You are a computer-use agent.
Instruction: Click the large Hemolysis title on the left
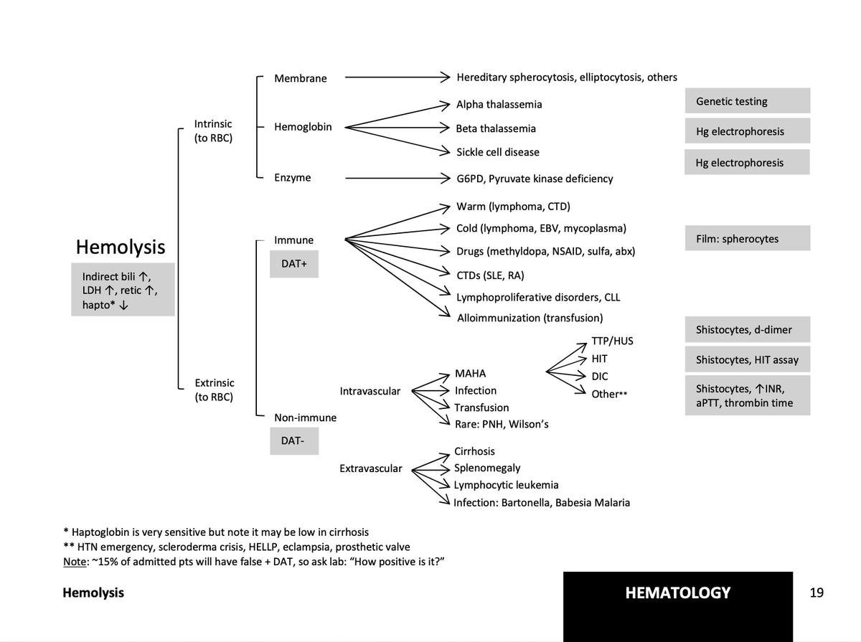pyautogui.click(x=120, y=247)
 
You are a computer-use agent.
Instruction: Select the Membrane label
pyautogui.click(x=300, y=78)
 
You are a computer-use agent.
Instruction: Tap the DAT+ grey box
pyautogui.click(x=294, y=264)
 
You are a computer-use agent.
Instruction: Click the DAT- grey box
pyautogui.click(x=294, y=441)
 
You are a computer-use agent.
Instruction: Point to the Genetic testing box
pyautogui.click(x=747, y=101)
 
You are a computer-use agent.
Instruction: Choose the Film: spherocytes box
pyautogui.click(x=747, y=238)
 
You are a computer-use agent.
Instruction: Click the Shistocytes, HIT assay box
pyautogui.click(x=747, y=359)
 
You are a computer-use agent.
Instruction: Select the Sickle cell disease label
pyautogui.click(x=497, y=152)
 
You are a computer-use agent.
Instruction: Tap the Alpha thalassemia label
pyautogui.click(x=499, y=105)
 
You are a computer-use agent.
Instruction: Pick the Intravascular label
pyautogui.click(x=370, y=392)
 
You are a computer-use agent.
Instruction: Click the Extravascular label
pyautogui.click(x=370, y=468)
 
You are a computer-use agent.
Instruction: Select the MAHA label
pyautogui.click(x=470, y=374)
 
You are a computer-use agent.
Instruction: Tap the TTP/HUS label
pyautogui.click(x=612, y=340)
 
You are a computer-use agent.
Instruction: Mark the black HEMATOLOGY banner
pyautogui.click(x=677, y=593)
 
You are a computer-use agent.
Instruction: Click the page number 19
pyautogui.click(x=817, y=593)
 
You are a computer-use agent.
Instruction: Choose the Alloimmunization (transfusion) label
pyautogui.click(x=530, y=318)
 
